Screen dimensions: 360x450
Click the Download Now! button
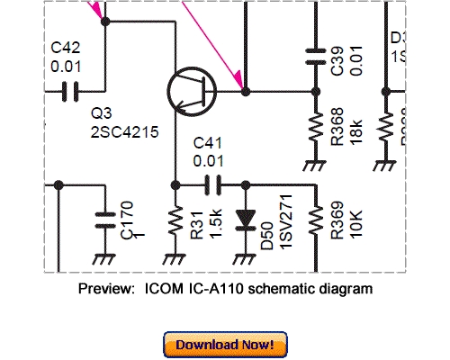point(225,345)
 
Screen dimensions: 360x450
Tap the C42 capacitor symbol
point(68,90)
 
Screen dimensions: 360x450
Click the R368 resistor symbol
point(313,130)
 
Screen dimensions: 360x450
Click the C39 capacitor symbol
point(313,55)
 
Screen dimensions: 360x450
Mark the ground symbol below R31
point(175,257)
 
